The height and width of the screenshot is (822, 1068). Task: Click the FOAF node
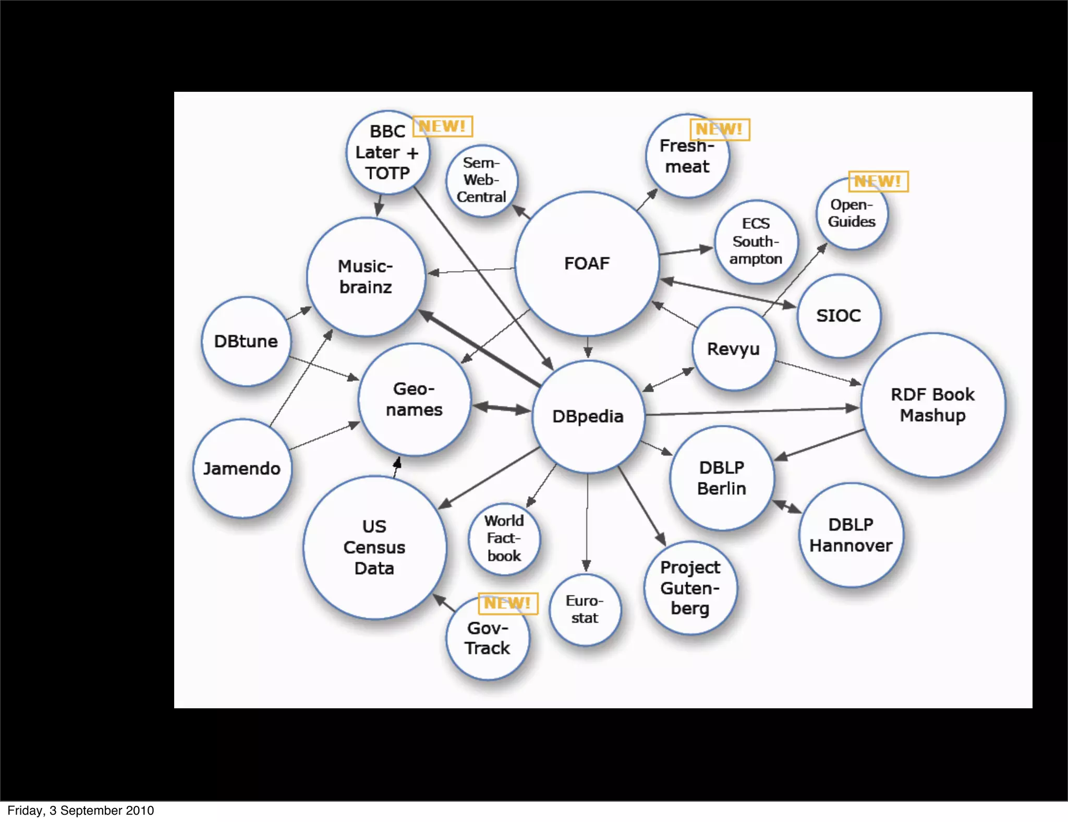[x=587, y=263]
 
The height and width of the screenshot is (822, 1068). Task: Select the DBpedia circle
[x=588, y=416]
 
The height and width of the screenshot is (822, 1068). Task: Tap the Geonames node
[x=415, y=400]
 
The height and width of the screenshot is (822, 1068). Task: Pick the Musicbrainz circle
[x=366, y=276]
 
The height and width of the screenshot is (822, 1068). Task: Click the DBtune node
[x=246, y=341]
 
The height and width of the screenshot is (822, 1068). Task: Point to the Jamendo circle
[x=242, y=468]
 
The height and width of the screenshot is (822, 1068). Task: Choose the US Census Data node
[x=374, y=547]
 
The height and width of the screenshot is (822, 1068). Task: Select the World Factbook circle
[x=504, y=538]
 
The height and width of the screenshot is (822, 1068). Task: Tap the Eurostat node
[x=585, y=609]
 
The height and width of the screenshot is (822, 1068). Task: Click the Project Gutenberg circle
[x=690, y=588]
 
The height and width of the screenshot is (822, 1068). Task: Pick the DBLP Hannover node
[x=851, y=535]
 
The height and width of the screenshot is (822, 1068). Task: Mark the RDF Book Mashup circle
[x=933, y=405]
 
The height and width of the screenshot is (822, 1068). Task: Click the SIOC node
[x=839, y=316]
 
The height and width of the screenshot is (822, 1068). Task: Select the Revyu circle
[x=734, y=348]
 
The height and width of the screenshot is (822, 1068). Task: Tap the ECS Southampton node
[x=756, y=241]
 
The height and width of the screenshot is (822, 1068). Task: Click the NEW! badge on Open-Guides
[x=878, y=181]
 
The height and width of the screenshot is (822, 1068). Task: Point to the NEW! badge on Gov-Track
[x=507, y=603]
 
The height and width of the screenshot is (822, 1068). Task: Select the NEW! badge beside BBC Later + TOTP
[x=442, y=126]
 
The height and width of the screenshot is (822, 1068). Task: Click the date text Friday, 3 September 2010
[x=81, y=811]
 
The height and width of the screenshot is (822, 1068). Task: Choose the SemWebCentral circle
[x=482, y=180]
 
